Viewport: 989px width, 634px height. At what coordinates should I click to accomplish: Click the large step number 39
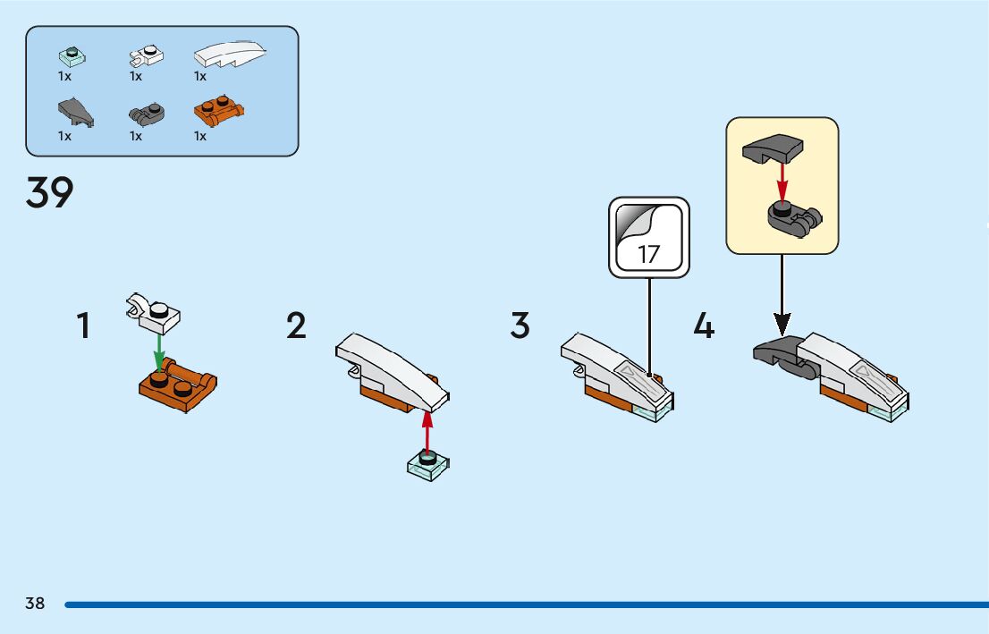pyautogui.click(x=50, y=192)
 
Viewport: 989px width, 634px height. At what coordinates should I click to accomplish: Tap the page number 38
pyautogui.click(x=35, y=604)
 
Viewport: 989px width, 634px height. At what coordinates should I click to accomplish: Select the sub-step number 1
pyautogui.click(x=83, y=325)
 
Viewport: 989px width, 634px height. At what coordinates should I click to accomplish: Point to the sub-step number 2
pyautogui.click(x=297, y=325)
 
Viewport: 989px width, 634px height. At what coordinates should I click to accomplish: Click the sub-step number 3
pyautogui.click(x=520, y=325)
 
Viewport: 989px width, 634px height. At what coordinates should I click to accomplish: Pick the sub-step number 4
pyautogui.click(x=705, y=325)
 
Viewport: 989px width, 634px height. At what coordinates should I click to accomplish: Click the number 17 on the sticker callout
pyautogui.click(x=649, y=253)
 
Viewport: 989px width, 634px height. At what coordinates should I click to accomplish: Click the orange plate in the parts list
pyautogui.click(x=219, y=112)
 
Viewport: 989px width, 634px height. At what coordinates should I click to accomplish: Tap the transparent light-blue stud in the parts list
pyautogui.click(x=71, y=55)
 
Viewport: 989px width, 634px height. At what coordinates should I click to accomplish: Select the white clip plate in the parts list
pyautogui.click(x=147, y=56)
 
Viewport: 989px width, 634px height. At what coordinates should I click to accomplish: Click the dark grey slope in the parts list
pyautogui.click(x=75, y=112)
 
